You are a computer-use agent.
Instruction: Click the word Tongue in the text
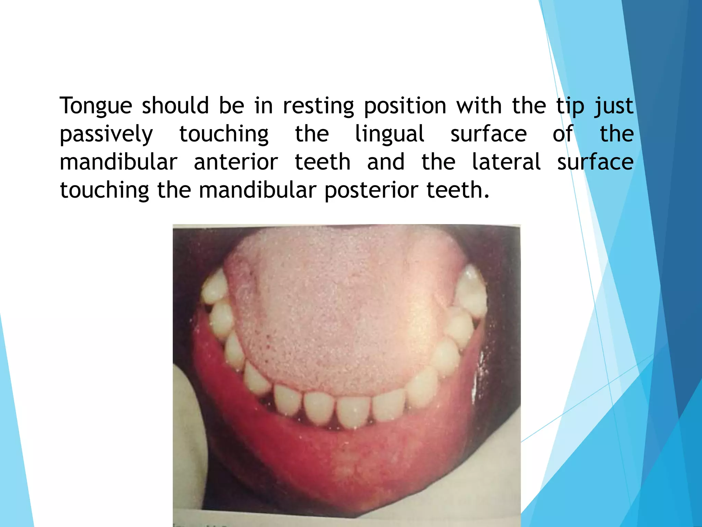96,106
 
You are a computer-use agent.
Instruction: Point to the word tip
570,106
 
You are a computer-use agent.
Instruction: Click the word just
614,106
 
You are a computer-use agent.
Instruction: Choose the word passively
106,134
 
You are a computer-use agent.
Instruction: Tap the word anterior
236,162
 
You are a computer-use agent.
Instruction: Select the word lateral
506,162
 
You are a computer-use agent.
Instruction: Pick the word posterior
371,191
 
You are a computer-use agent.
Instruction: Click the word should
175,106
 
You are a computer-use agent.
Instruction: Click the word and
386,162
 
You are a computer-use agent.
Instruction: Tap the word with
479,106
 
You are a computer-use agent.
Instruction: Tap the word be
231,106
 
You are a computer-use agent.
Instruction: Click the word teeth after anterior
323,162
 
